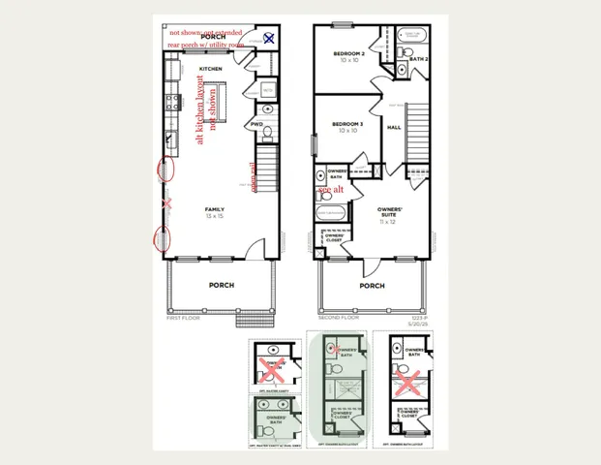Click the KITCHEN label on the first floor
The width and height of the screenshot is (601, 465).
pos(212,70)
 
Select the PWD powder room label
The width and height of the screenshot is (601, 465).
pos(256,125)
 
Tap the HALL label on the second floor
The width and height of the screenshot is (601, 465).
pos(394,127)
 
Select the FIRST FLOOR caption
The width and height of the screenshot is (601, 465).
pos(183,317)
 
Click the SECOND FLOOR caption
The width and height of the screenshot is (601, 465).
pos(339,317)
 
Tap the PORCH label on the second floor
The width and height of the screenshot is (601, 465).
pos(372,286)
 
